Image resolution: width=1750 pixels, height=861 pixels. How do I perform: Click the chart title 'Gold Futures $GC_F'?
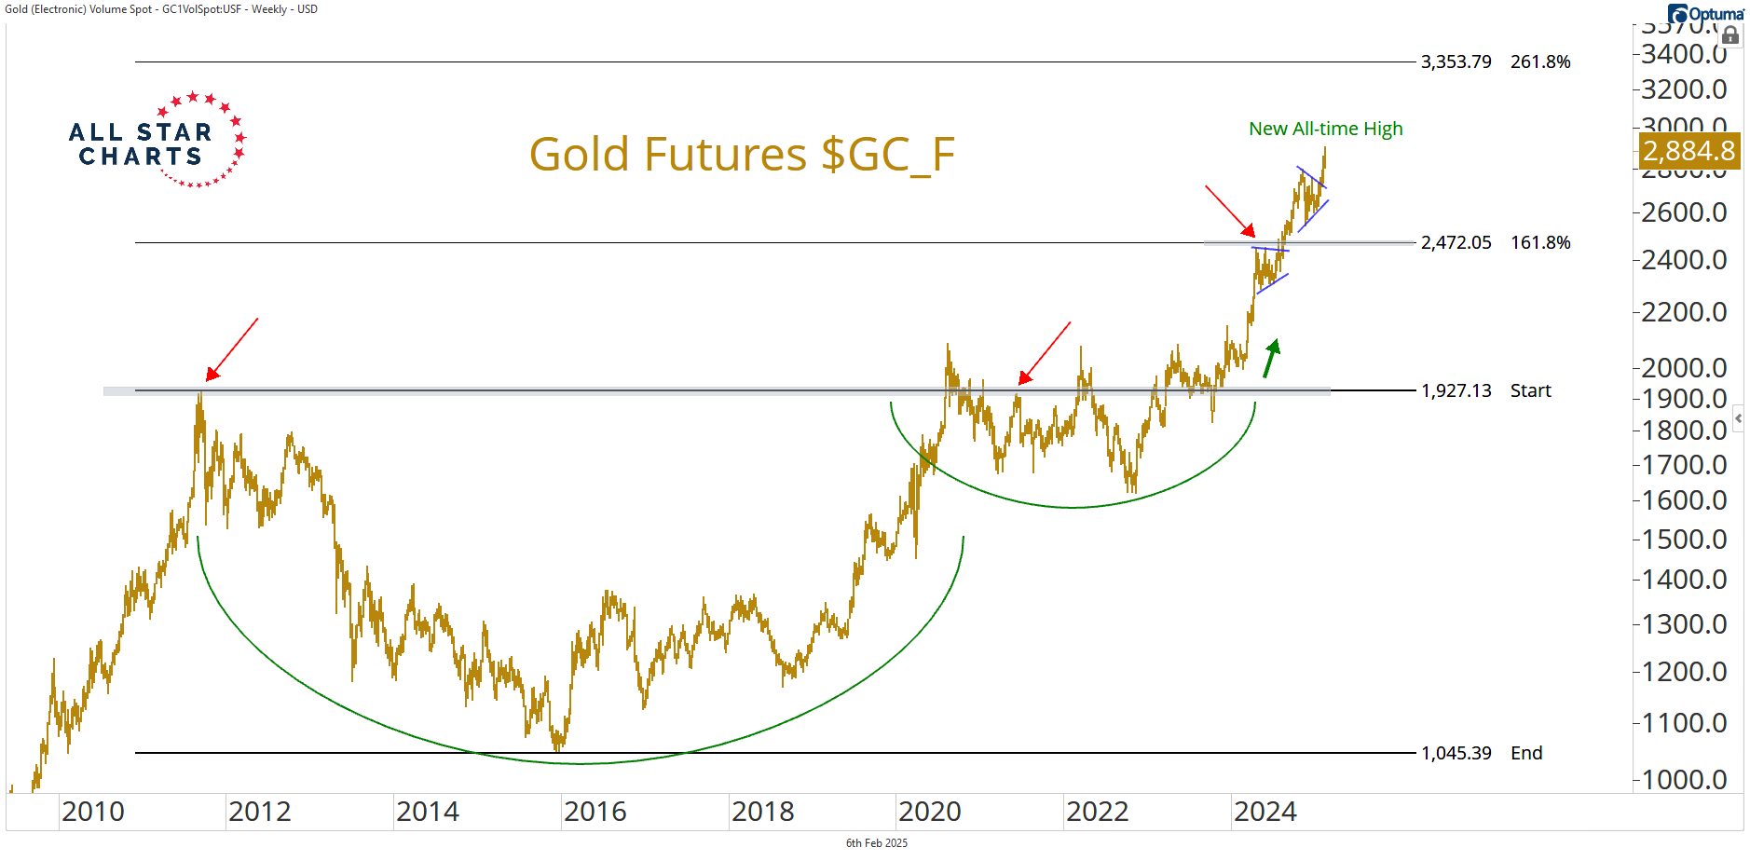click(742, 155)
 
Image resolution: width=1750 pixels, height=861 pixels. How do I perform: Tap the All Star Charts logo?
click(157, 142)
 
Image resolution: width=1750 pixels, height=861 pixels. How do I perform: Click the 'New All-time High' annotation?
click(1325, 130)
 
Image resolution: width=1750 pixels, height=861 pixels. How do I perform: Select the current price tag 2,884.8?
click(1688, 151)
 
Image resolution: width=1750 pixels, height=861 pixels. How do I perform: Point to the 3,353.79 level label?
click(1456, 62)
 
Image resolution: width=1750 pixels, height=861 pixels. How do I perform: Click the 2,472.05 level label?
click(1456, 243)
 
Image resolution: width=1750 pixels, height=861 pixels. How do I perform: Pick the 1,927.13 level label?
click(1456, 391)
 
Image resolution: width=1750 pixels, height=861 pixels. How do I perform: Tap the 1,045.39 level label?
click(1456, 754)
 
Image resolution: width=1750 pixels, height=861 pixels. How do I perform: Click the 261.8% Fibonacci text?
click(1540, 62)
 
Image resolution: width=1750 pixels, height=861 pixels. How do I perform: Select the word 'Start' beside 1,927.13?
click(1530, 391)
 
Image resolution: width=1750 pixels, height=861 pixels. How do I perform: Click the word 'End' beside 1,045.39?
click(1526, 754)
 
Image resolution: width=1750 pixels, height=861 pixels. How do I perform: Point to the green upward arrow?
click(1271, 358)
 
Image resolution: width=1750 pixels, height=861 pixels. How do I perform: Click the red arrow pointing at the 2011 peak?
click(231, 350)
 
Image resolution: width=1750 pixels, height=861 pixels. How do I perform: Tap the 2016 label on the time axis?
click(595, 813)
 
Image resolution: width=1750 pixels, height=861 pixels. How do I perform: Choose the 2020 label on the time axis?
click(929, 813)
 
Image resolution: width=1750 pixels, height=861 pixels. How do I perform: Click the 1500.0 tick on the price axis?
click(1684, 540)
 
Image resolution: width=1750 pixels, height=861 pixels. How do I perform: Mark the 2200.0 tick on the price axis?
click(1684, 312)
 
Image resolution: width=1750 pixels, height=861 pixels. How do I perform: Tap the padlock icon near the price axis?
click(1730, 36)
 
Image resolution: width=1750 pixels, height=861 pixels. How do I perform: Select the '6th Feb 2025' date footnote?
click(876, 843)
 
